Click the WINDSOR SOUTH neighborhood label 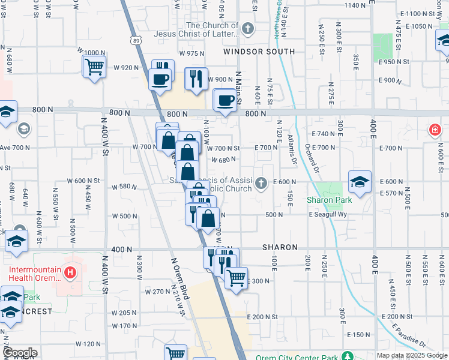[259, 52]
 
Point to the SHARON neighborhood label [280, 247]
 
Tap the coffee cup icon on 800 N [225, 100]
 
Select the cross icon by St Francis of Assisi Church [261, 183]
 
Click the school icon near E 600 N [360, 182]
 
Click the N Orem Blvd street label [181, 279]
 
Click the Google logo [19, 352]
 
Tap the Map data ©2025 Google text [411, 355]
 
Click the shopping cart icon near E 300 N [237, 278]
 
